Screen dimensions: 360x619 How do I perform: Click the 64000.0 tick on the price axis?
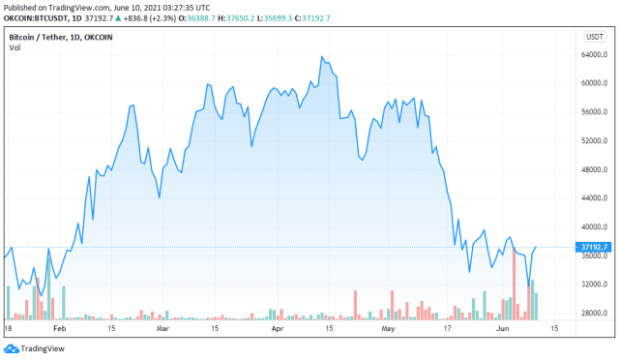click(x=593, y=54)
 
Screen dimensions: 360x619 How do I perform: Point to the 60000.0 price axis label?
click(x=593, y=83)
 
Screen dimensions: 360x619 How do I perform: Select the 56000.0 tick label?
click(x=593, y=112)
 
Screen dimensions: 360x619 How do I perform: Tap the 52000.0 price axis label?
click(x=593, y=140)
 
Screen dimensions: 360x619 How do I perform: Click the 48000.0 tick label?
click(x=593, y=169)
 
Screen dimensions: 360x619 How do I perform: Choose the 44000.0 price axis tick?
click(x=593, y=198)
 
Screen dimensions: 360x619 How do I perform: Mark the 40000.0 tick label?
click(x=593, y=226)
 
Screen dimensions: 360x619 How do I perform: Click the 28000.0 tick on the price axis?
click(x=593, y=313)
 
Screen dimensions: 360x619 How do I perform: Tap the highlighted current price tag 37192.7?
click(x=593, y=247)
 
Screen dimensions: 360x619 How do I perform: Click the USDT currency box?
click(x=593, y=37)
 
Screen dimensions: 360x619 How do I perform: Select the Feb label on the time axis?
click(x=60, y=330)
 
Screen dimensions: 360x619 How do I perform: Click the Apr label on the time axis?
click(x=277, y=330)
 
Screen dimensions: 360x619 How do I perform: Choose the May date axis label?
click(x=388, y=330)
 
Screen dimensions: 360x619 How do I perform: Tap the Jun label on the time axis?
click(x=502, y=330)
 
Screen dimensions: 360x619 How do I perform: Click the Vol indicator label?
click(x=15, y=48)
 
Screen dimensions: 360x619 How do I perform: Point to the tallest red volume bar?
click(x=516, y=283)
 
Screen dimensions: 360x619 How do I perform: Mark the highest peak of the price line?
click(x=321, y=56)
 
